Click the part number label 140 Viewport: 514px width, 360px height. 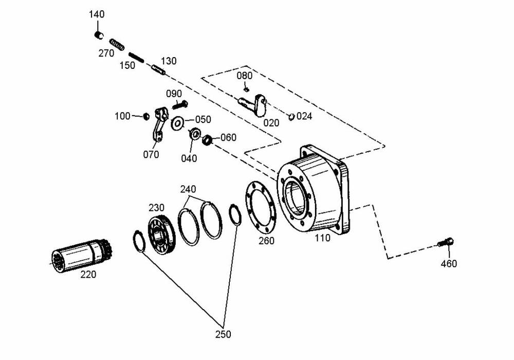[x=97, y=14]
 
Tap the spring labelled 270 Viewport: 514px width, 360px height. [x=118, y=45]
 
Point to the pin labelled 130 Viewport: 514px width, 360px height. [x=157, y=69]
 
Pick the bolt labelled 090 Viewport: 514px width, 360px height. [x=180, y=105]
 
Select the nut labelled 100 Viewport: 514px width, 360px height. [x=145, y=116]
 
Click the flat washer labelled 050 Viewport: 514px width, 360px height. [x=178, y=123]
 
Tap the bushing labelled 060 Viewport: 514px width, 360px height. [x=207, y=139]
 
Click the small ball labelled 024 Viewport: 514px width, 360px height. [x=291, y=116]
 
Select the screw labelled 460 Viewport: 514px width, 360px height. [x=446, y=241]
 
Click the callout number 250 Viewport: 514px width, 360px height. [x=223, y=334]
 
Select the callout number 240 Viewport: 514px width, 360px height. [x=188, y=189]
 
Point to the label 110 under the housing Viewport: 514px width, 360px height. [x=322, y=238]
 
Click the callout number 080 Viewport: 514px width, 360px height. [x=245, y=76]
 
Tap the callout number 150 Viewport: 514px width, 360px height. [x=127, y=65]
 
